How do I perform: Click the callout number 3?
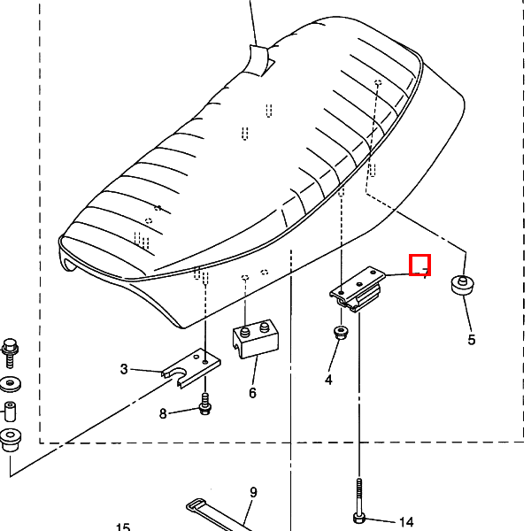point(125,368)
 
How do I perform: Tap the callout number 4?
point(329,380)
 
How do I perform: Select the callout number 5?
point(471,339)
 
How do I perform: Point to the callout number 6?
point(252,392)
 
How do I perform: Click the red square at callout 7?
point(419,265)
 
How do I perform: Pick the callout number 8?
point(163,413)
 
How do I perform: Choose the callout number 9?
point(253,492)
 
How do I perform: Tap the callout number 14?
point(406,521)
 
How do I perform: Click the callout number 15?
point(122,527)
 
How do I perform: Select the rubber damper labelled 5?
point(462,286)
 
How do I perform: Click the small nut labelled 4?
point(340,333)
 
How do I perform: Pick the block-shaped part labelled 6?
point(254,340)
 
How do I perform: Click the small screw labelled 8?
point(205,407)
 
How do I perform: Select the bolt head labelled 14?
point(358,517)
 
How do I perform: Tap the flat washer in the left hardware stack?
point(11,385)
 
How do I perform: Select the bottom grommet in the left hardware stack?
point(11,438)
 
